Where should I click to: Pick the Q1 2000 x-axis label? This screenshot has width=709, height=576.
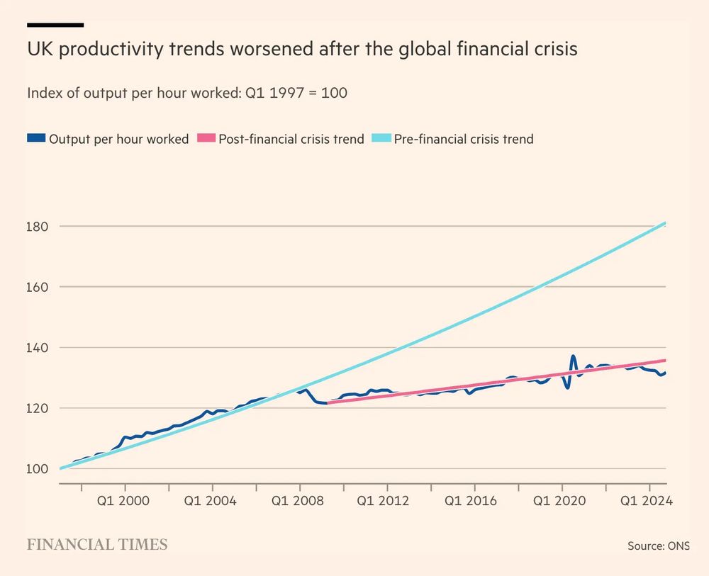point(126,501)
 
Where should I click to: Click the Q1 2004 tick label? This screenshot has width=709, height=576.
point(213,501)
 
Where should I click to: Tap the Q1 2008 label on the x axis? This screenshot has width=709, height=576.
point(301,501)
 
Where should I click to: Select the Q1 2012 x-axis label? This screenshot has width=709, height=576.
point(388,501)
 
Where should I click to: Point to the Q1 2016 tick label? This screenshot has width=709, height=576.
point(475,501)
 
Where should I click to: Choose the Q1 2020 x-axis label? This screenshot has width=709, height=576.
point(562,501)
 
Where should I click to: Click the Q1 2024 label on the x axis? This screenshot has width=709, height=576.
point(649,501)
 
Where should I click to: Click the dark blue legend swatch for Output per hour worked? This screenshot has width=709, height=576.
point(35,139)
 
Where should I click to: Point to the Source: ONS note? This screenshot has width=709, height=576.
point(658,546)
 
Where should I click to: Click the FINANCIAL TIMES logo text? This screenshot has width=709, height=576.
point(97,544)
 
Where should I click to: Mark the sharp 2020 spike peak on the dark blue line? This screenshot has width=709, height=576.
point(573,356)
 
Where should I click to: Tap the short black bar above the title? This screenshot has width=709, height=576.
point(55,25)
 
